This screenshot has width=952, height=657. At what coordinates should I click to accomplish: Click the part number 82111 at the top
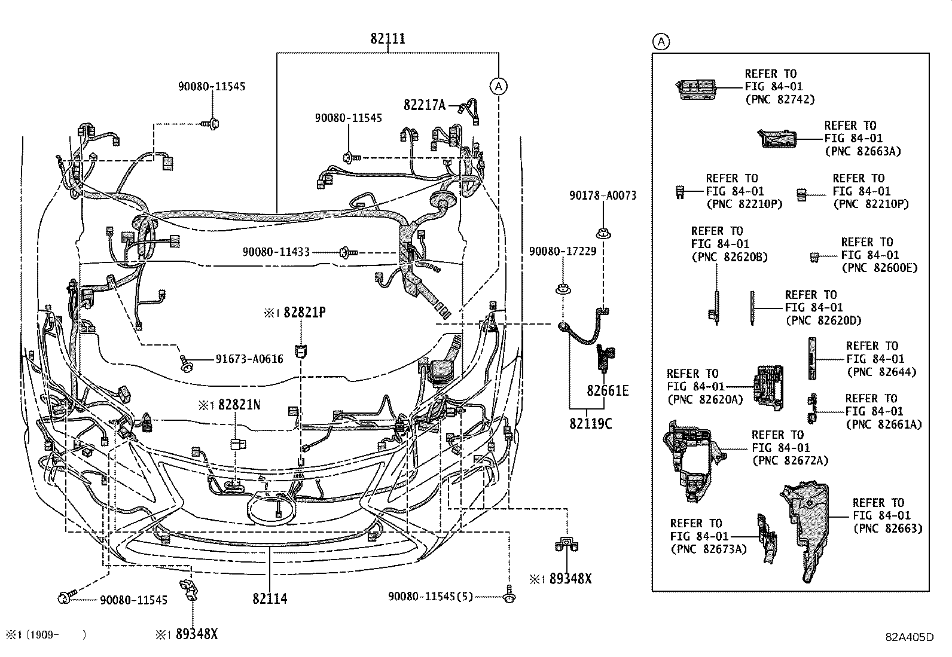coord(387,39)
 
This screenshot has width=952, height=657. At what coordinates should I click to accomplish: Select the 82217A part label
coord(425,105)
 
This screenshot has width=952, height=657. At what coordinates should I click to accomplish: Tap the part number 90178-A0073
coord(602,195)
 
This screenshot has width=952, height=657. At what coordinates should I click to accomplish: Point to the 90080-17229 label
coord(562,252)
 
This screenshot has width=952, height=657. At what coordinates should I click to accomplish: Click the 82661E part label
coord(608,391)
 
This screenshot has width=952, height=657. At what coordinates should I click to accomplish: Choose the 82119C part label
coord(590,423)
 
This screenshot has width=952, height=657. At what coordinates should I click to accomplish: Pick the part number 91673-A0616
coord(249,359)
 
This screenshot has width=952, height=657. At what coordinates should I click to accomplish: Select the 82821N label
coord(239,405)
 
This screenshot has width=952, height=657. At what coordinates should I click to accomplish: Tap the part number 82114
coord(270,598)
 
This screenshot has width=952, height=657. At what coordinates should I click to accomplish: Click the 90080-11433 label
coord(276,252)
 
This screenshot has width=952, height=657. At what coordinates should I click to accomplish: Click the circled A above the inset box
coord(660,41)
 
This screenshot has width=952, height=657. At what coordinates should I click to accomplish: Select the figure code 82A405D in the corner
coord(910,637)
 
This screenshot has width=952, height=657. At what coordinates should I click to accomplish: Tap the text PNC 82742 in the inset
coord(780,100)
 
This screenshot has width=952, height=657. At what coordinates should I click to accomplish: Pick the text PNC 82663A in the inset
coord(862,151)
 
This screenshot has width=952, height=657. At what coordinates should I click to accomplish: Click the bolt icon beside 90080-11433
coord(347,252)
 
